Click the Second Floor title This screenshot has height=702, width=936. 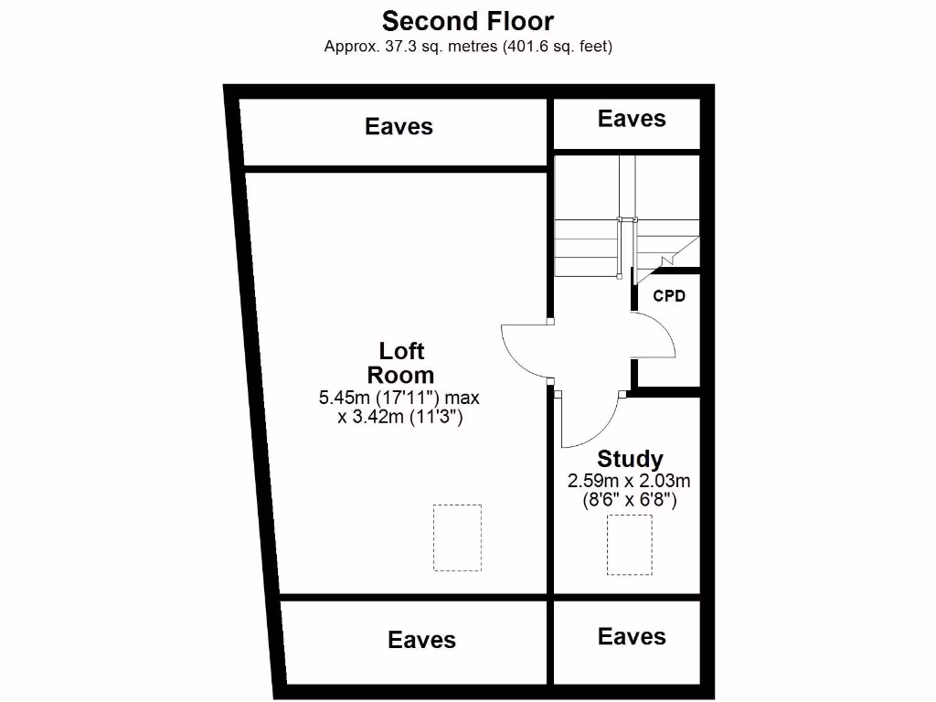tap(468, 20)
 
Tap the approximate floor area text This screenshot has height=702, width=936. tap(468, 46)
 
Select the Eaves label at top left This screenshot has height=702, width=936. tap(399, 126)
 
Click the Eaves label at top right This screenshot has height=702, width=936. tap(632, 118)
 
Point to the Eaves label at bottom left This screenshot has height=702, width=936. tap(421, 640)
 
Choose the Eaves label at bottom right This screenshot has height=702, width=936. tap(632, 636)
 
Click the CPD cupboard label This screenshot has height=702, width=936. tap(669, 296)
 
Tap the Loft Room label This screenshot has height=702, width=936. tap(401, 363)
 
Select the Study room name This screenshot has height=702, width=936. tap(630, 459)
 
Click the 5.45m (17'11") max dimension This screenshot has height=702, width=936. tap(399, 398)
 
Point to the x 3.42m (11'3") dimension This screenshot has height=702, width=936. tap(399, 418)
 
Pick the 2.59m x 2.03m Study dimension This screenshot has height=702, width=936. tap(630, 481)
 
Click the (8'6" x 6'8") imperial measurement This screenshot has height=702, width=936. tap(630, 500)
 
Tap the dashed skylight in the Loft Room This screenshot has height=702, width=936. tap(457, 537)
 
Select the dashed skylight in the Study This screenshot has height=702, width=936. tap(630, 544)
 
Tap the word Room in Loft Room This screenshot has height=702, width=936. tap(400, 375)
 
